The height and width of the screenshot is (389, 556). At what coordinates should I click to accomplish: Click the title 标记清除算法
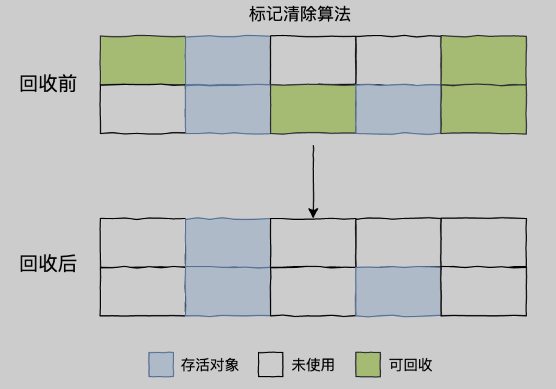(x=300, y=14)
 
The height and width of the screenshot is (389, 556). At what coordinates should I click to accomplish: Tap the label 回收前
(x=48, y=84)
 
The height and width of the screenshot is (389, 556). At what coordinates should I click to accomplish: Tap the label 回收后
(x=48, y=264)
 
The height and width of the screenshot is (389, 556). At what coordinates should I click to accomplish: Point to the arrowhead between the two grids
(x=313, y=213)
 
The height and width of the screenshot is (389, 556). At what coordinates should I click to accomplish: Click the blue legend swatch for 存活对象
(x=161, y=365)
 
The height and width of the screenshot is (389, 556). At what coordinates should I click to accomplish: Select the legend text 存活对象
(x=210, y=365)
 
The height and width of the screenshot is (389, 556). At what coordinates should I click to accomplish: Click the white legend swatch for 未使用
(x=271, y=365)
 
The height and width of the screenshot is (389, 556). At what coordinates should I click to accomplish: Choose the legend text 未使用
(x=313, y=365)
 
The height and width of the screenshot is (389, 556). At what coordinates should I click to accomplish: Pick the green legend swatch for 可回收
(x=368, y=365)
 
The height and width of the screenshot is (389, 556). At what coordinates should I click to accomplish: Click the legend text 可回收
(x=411, y=365)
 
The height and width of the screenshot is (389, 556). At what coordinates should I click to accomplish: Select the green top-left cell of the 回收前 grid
(x=143, y=60)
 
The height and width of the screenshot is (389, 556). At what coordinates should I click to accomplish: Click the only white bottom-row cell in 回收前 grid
(x=143, y=109)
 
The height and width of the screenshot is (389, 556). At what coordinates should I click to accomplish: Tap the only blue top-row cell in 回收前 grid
(x=228, y=60)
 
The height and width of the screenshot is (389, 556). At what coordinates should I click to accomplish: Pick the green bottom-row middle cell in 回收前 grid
(x=313, y=109)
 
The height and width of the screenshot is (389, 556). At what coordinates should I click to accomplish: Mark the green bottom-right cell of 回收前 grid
(x=483, y=109)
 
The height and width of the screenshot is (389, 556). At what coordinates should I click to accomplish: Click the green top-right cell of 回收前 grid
(x=483, y=60)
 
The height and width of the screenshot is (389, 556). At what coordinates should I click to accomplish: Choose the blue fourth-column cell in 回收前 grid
(x=398, y=109)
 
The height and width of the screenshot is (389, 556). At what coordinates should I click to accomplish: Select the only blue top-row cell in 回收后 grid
(x=228, y=243)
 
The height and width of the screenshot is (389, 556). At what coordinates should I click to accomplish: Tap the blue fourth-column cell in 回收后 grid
(x=398, y=291)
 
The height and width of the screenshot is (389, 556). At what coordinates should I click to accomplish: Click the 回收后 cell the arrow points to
(x=313, y=243)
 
